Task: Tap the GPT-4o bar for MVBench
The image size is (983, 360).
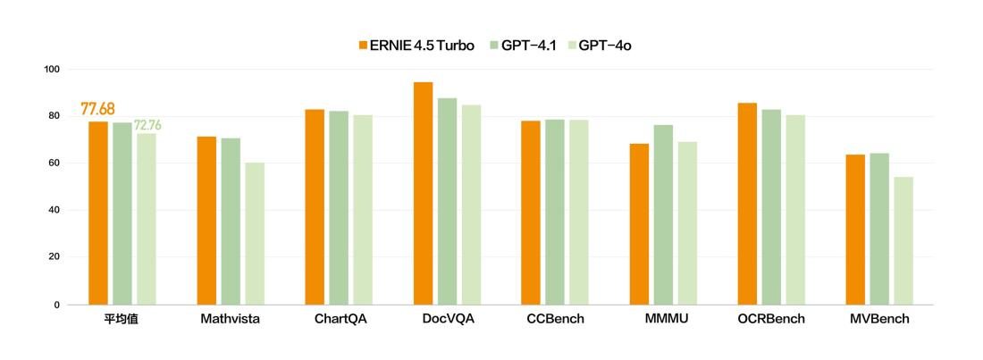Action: click(903, 240)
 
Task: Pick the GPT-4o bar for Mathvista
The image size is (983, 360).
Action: click(255, 233)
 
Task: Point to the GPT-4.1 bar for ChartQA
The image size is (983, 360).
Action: click(339, 207)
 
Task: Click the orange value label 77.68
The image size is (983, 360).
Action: click(97, 109)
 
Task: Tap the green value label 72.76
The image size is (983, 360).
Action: click(147, 125)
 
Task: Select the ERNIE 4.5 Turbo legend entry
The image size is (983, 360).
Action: click(416, 46)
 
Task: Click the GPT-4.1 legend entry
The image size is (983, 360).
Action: click(523, 46)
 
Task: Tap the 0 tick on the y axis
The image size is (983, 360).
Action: click(56, 305)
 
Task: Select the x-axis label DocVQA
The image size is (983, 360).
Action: click(447, 319)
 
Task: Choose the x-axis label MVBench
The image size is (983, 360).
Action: click(879, 319)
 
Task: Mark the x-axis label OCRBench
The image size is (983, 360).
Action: click(771, 319)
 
